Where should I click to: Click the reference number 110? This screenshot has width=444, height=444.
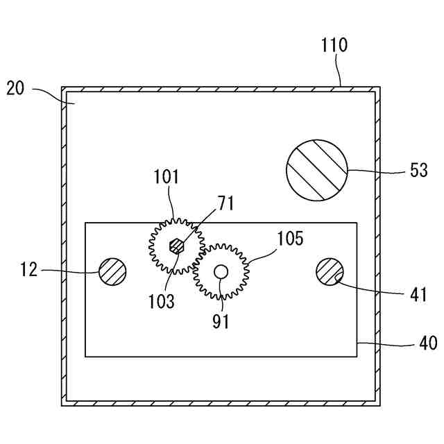pos(334,46)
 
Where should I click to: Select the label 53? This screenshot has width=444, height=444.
pos(418,171)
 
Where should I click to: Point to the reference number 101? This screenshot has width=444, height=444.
pos(166,176)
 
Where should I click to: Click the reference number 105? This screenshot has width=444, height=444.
pos(291,239)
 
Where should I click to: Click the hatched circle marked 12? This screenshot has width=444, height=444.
pos(113,271)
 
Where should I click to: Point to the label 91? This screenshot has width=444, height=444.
pos(221,321)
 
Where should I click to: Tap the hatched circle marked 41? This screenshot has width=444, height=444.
pos(330,271)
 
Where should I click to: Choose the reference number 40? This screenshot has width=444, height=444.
pos(418,343)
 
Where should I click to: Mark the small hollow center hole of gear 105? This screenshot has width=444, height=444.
pos(221,271)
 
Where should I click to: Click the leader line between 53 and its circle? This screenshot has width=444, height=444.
pos(375,170)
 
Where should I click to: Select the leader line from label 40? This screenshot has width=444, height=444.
pos(382,343)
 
